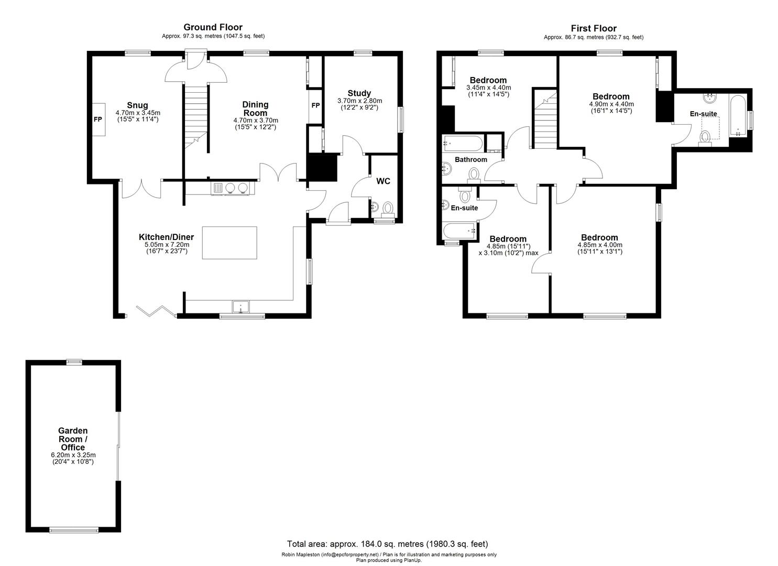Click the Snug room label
click(x=137, y=105)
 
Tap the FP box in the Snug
click(x=98, y=119)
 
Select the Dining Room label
click(x=255, y=108)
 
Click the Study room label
click(x=359, y=93)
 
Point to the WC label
click(x=383, y=181)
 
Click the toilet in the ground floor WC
click(x=388, y=209)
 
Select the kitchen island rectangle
click(x=229, y=243)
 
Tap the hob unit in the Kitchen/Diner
click(x=232, y=188)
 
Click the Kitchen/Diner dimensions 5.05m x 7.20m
click(x=167, y=245)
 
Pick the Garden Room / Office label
click(x=73, y=439)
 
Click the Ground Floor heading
click(x=213, y=27)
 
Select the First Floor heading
click(x=594, y=28)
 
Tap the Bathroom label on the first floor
click(x=470, y=159)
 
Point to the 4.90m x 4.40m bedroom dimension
click(x=611, y=104)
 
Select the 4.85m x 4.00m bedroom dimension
click(x=600, y=245)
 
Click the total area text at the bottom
click(x=387, y=544)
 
